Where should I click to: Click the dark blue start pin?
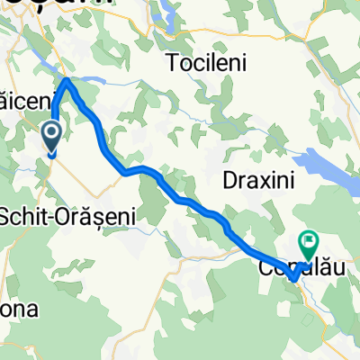tap(52, 137)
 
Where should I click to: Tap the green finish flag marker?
tap(310, 240)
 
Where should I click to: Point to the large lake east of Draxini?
tap(324, 166)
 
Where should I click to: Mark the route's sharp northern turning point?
tap(67, 80)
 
